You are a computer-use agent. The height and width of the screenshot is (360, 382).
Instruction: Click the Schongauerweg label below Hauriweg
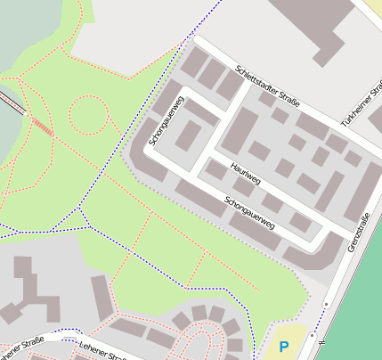click(250, 213)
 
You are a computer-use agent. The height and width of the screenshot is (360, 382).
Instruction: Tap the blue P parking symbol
click(284, 347)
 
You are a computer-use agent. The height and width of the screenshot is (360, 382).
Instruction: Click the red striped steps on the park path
click(41, 127)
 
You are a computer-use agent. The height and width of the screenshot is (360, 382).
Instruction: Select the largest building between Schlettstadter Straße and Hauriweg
click(240, 130)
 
